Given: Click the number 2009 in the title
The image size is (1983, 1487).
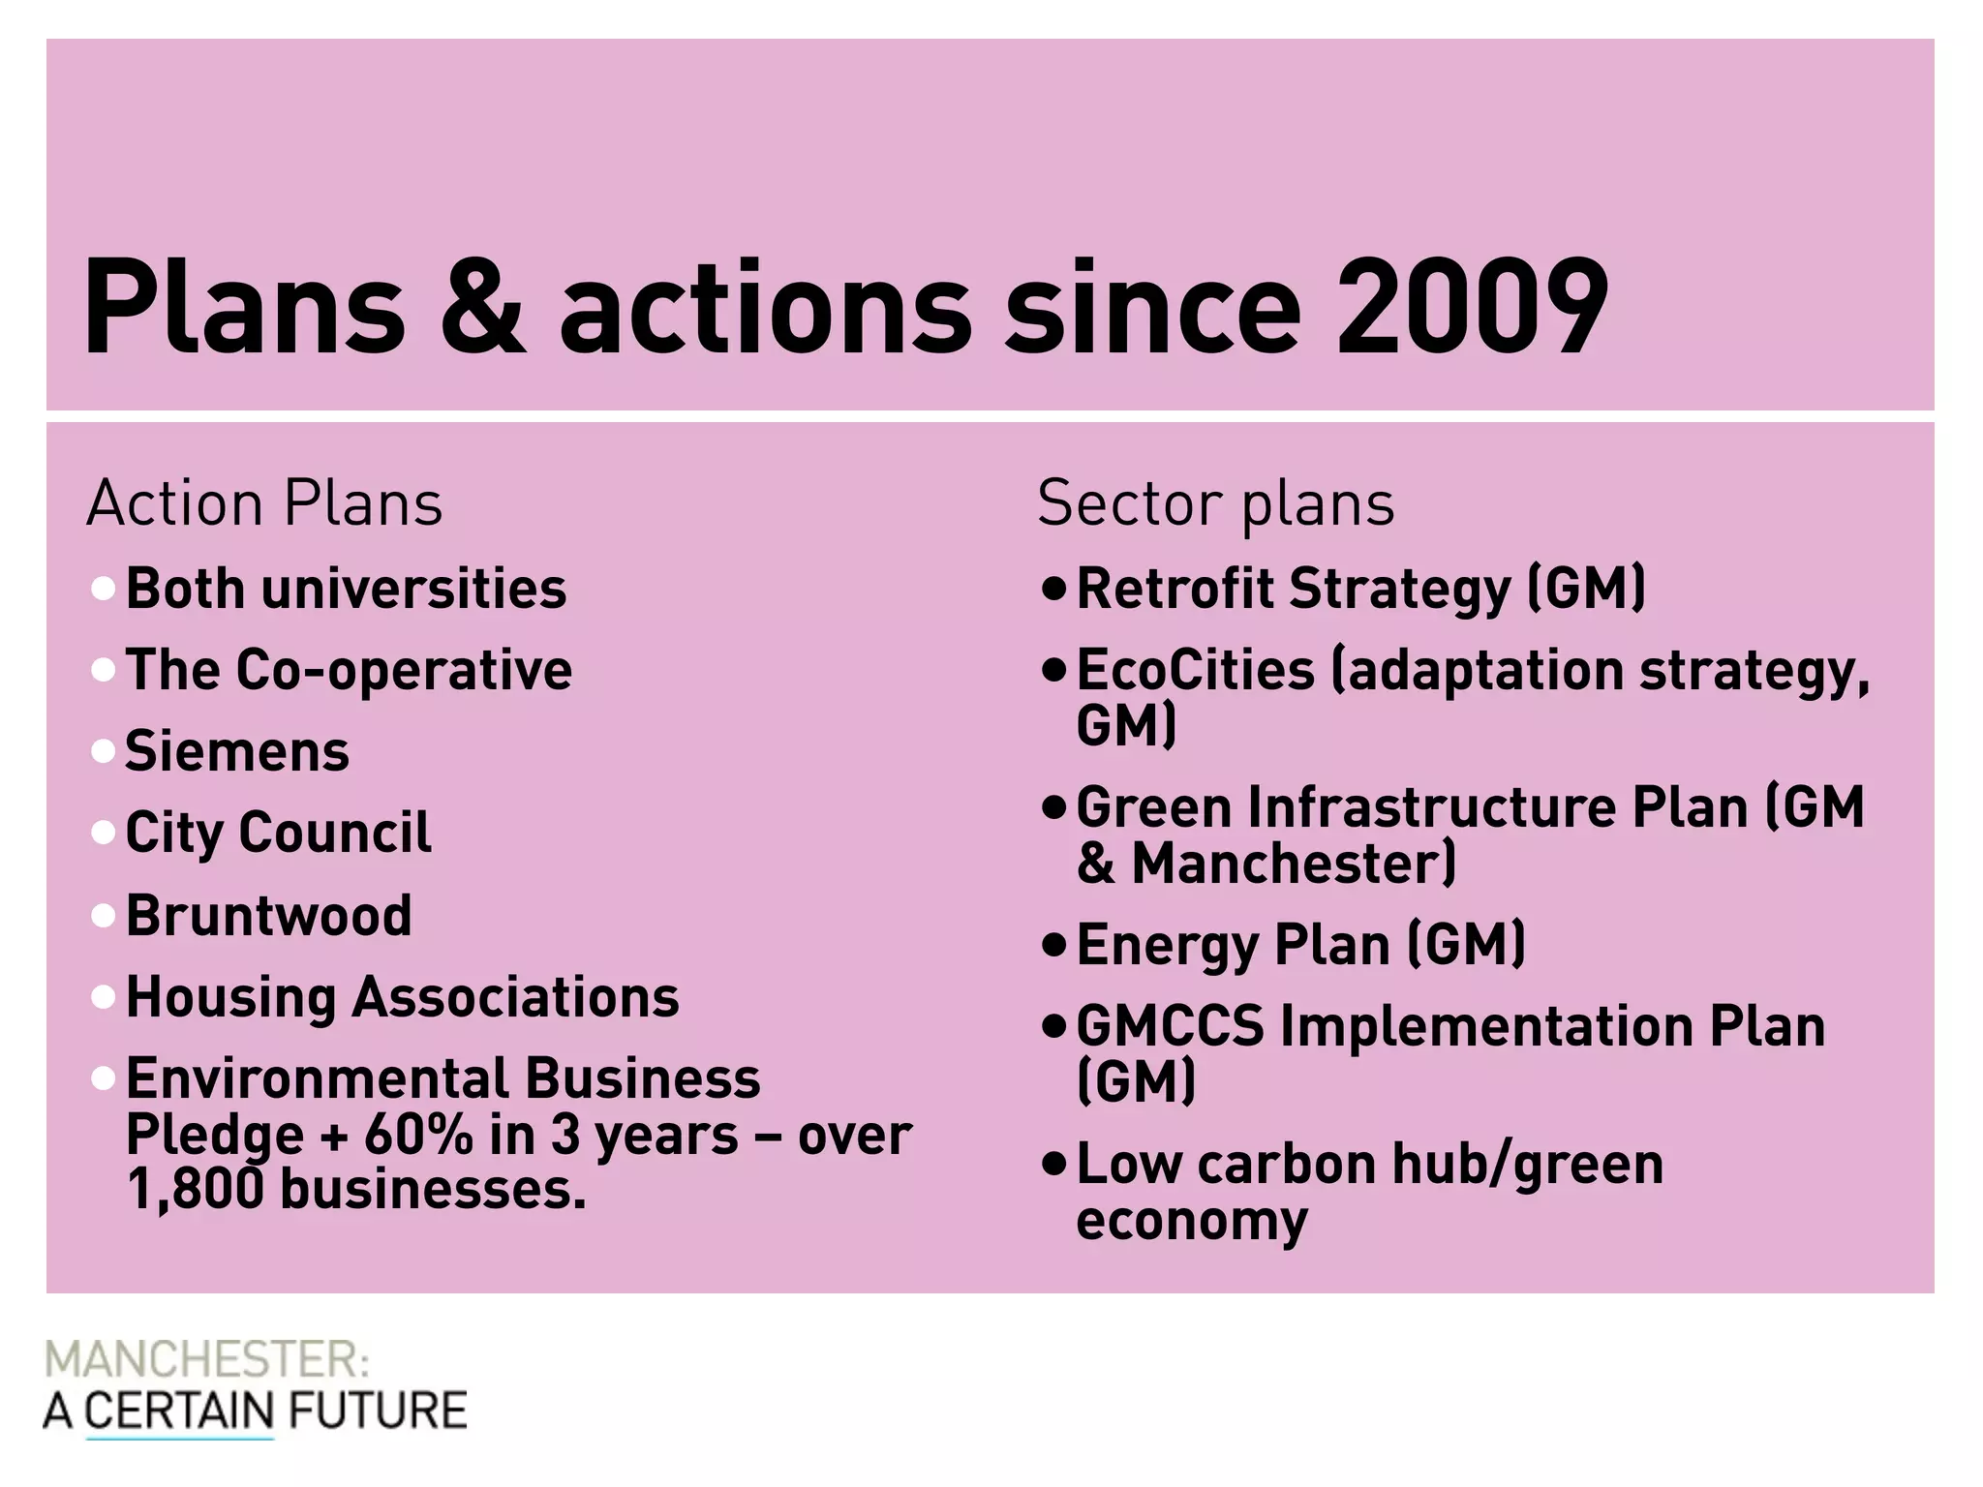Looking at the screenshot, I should coord(1472,308).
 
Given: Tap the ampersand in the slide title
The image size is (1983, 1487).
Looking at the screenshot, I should coord(482,308).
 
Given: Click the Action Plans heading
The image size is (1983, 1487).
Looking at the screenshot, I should coord(264,504).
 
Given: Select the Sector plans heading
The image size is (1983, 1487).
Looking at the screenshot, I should coord(1215,504).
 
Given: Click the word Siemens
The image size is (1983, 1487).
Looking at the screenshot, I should coord(237,752).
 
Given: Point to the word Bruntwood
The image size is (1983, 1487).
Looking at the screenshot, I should coord(269,916).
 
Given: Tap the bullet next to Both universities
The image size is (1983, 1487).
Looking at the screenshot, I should coord(103,589).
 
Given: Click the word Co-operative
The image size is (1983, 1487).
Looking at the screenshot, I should coord(404,670).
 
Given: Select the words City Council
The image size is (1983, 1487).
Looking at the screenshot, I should coord(279,833).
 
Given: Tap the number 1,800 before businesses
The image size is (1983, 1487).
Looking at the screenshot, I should coord(195,1190).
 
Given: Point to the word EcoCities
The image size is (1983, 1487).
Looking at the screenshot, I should coord(1195,670).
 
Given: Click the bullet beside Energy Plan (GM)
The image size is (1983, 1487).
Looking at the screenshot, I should coord(1053,945).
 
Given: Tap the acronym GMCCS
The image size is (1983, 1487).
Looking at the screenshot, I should coord(1170,1026).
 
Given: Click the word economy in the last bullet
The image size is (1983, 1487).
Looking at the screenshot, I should coord(1191,1220).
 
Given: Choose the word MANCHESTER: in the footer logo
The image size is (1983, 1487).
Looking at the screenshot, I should coord(206,1360).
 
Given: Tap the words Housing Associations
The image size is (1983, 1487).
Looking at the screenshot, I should coord(403,997).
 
